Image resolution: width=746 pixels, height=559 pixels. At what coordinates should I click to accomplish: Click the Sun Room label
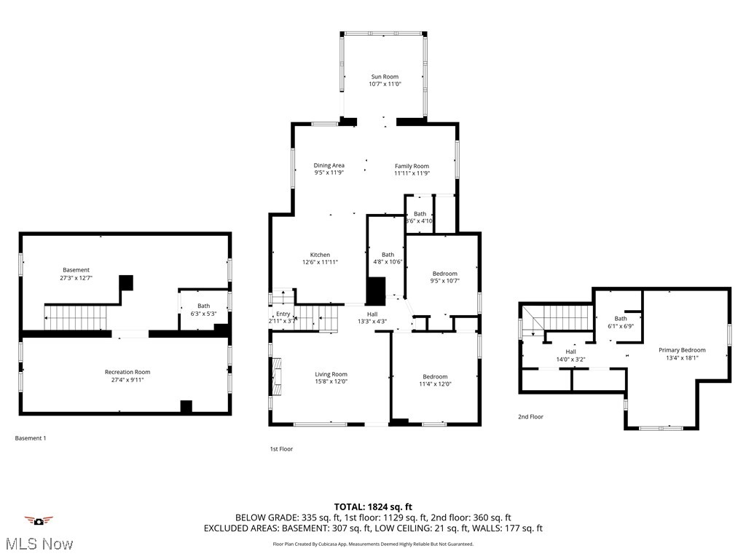(385, 76)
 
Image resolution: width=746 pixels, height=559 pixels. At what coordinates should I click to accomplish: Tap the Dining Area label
(329, 165)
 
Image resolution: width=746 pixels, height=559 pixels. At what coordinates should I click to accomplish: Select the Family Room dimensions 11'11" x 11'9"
(412, 173)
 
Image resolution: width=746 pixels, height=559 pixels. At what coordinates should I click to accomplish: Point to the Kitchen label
(320, 255)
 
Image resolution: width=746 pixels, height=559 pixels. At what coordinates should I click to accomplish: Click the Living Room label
(331, 374)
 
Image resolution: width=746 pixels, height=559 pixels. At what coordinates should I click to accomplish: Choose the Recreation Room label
(127, 372)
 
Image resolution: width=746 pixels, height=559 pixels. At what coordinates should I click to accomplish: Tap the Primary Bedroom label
(682, 350)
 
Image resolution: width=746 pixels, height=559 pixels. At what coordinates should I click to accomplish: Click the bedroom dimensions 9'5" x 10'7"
(444, 281)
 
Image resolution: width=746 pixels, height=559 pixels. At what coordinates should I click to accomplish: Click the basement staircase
(76, 317)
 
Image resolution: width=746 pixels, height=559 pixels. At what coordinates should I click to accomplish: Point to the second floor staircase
(562, 317)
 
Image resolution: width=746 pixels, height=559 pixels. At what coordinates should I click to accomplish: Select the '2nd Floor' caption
(530, 417)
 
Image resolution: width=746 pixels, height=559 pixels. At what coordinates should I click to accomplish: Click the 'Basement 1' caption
(31, 438)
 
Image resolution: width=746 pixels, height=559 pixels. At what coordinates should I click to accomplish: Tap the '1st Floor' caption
(281, 449)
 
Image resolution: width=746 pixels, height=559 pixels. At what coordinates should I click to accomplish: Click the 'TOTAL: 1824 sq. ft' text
(373, 507)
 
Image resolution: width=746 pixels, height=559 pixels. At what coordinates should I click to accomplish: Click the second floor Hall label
(570, 352)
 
